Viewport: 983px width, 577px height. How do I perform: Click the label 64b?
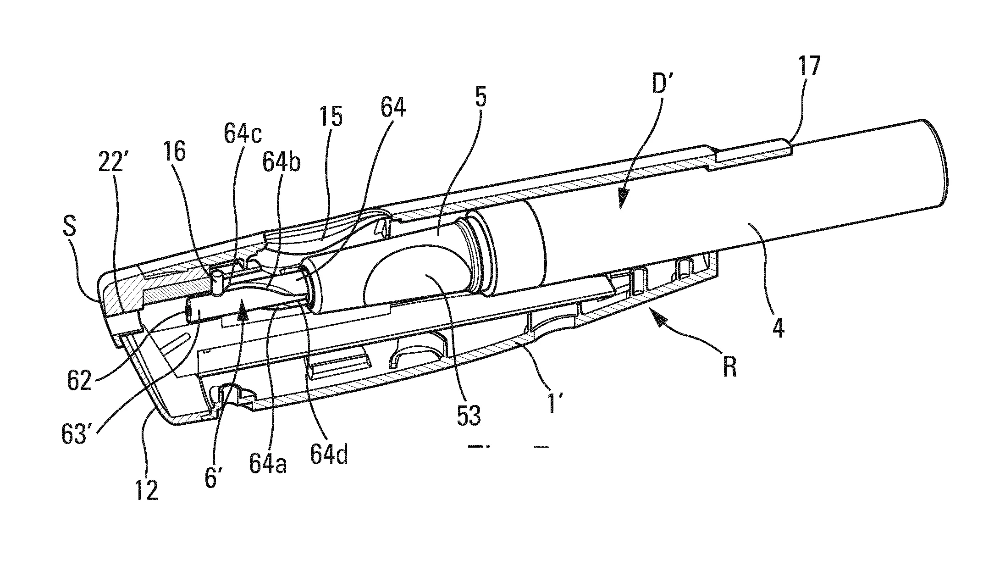(x=282, y=163)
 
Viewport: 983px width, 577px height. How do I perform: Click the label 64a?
(x=268, y=463)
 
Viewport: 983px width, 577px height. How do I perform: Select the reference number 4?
(x=778, y=329)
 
